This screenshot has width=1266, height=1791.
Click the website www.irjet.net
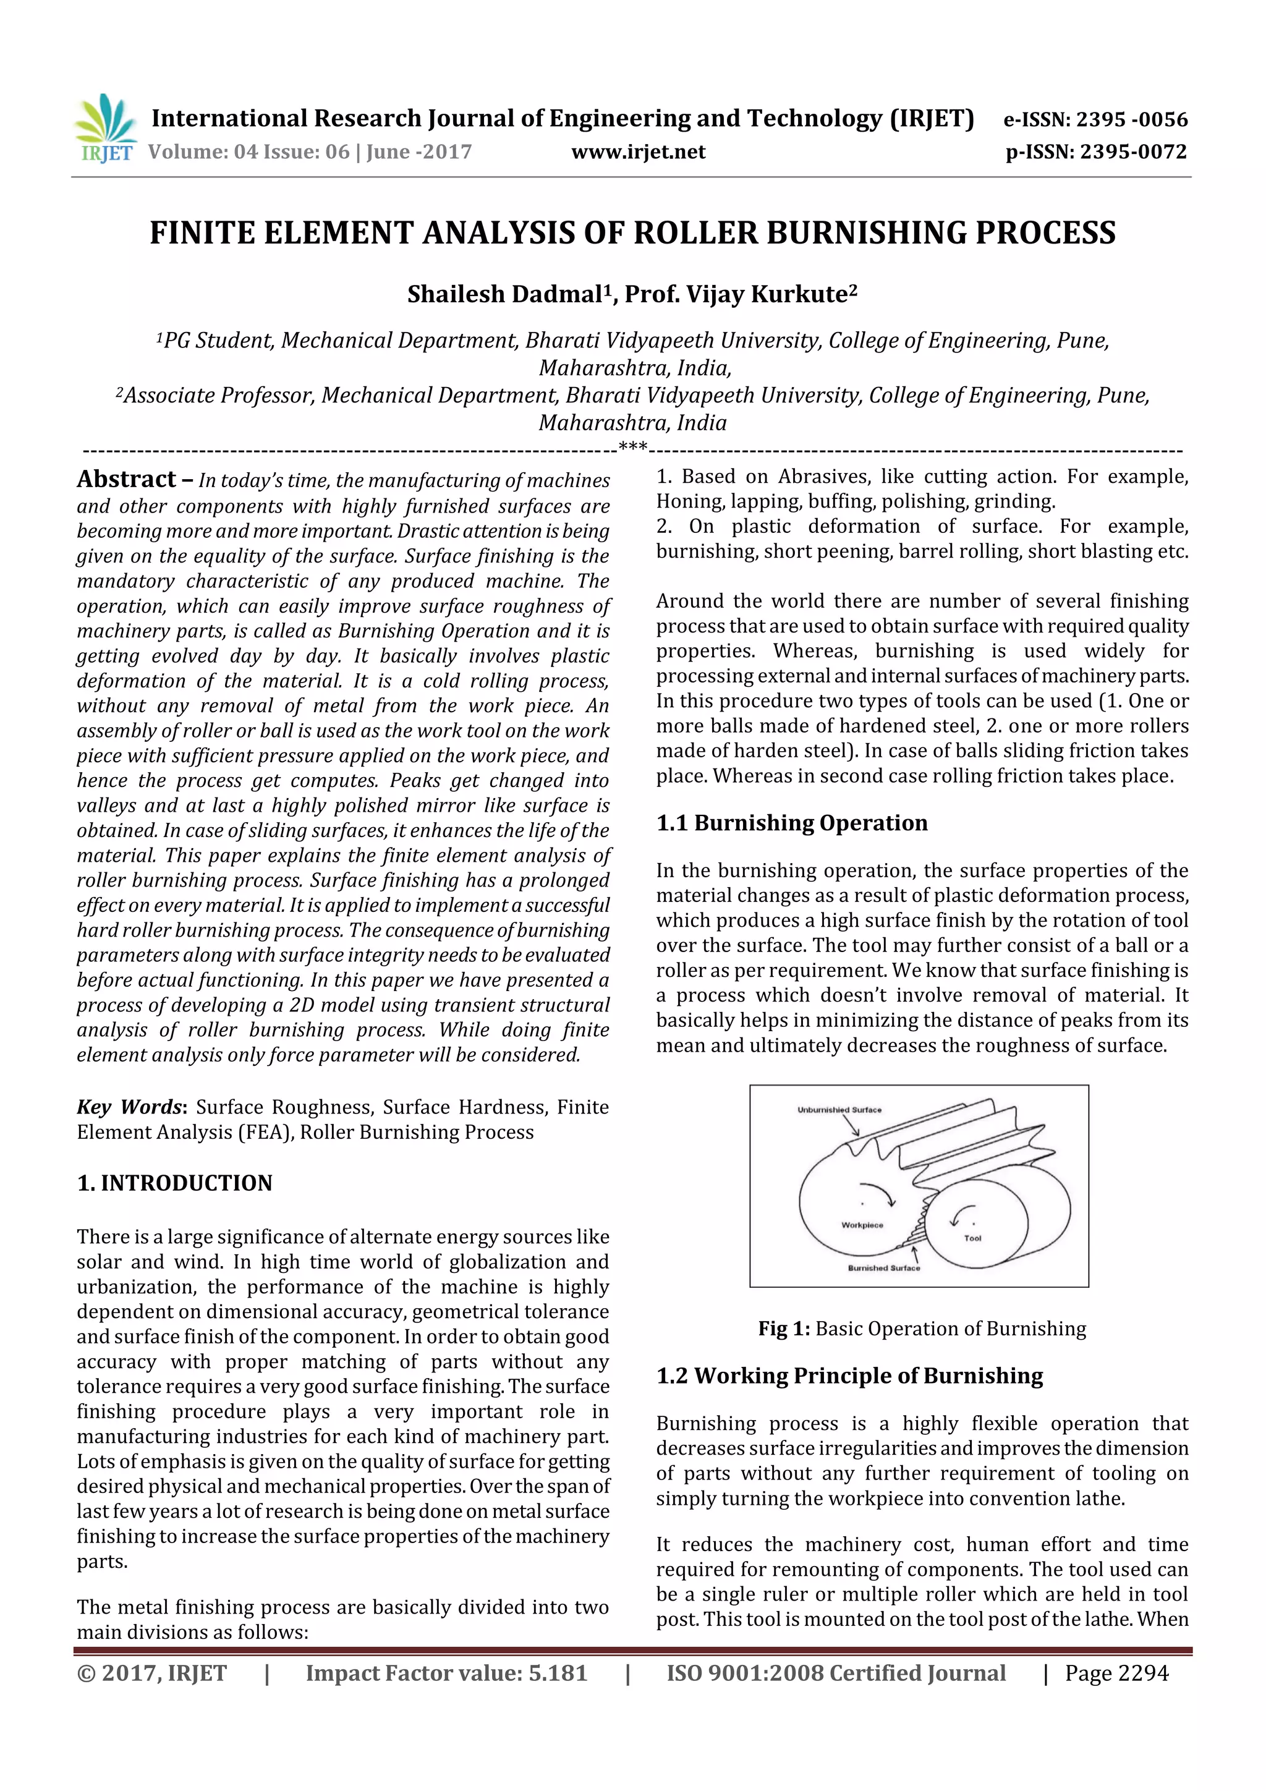click(638, 152)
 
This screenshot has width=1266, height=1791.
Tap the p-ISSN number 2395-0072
click(1132, 152)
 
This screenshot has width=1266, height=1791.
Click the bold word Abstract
click(126, 479)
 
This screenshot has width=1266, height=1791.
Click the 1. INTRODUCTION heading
click(175, 1183)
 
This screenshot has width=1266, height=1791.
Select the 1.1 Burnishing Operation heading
click(792, 823)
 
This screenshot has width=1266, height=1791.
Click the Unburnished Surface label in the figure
click(839, 1109)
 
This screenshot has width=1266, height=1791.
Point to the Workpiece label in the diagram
click(862, 1225)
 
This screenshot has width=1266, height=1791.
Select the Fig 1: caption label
click(784, 1329)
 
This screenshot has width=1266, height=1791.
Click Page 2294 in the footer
click(1116, 1673)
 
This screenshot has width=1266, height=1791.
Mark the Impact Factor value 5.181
click(557, 1673)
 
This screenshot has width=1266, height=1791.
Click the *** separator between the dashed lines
click(632, 447)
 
